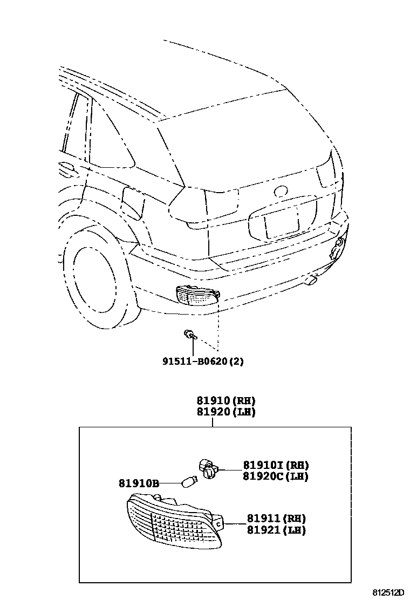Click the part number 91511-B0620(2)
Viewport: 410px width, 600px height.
[x=203, y=361]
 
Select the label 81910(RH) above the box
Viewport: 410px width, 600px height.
[x=225, y=401]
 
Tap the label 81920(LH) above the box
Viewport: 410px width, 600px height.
[x=225, y=412]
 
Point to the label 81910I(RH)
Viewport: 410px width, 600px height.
[x=276, y=465]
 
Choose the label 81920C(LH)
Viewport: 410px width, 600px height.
[x=276, y=476]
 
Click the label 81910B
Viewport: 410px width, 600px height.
[x=139, y=483]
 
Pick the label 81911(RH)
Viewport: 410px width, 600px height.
[x=277, y=519]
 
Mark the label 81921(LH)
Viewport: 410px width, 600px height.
[x=277, y=530]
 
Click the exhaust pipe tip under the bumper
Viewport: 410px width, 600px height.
[x=311, y=280]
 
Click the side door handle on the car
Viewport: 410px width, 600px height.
[x=66, y=168]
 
